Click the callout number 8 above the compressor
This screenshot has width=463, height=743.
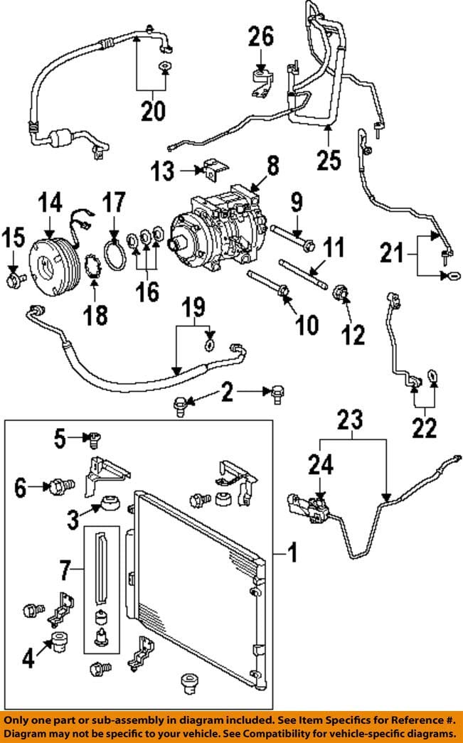[273, 166]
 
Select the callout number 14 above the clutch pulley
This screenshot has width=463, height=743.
[50, 203]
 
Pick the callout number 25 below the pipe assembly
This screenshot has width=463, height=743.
[329, 160]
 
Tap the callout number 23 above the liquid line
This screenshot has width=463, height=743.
[350, 420]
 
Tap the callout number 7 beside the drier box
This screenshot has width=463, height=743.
[65, 572]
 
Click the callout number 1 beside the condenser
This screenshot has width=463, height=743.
[293, 552]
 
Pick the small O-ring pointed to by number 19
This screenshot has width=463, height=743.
[210, 346]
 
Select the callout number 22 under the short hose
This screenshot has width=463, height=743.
[424, 428]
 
